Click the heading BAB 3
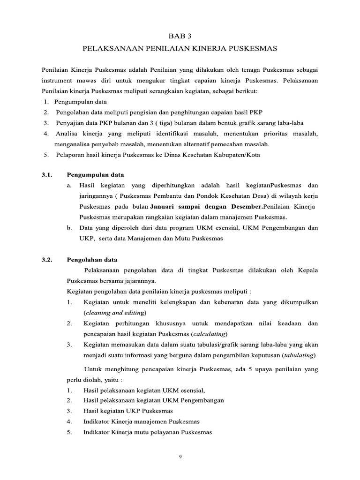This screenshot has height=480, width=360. [180, 35]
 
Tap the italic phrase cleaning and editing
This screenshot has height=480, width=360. [114, 313]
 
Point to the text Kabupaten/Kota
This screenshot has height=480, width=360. [237, 155]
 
